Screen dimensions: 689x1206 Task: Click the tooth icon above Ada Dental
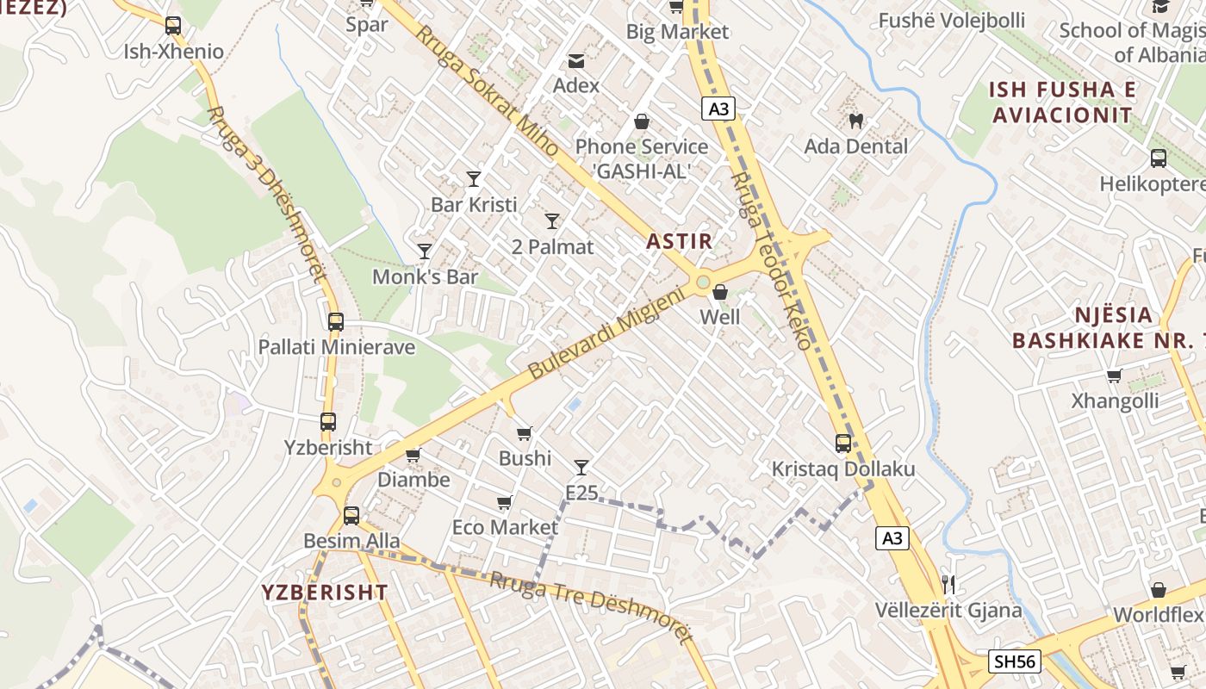click(855, 121)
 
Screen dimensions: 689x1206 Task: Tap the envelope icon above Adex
click(575, 61)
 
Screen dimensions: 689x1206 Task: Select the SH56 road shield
click(1015, 661)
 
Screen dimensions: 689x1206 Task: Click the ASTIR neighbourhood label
click(680, 241)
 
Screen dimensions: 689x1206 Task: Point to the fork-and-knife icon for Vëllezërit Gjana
click(948, 585)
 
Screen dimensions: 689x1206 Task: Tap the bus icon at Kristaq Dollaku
click(843, 444)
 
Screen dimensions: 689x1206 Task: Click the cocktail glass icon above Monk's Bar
click(424, 251)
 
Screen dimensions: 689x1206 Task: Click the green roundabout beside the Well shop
click(703, 282)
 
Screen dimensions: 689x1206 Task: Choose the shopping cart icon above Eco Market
click(505, 502)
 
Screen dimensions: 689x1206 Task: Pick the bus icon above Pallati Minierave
click(336, 322)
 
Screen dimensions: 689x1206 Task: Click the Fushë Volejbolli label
click(951, 20)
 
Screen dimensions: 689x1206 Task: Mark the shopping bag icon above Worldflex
click(1159, 590)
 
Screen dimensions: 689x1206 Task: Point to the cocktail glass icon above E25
click(581, 468)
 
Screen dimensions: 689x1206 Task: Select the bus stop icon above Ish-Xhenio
click(173, 26)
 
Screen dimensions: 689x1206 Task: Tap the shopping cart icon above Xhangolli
click(1114, 376)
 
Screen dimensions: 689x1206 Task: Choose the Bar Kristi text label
click(474, 205)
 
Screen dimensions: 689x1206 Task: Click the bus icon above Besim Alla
click(351, 516)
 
